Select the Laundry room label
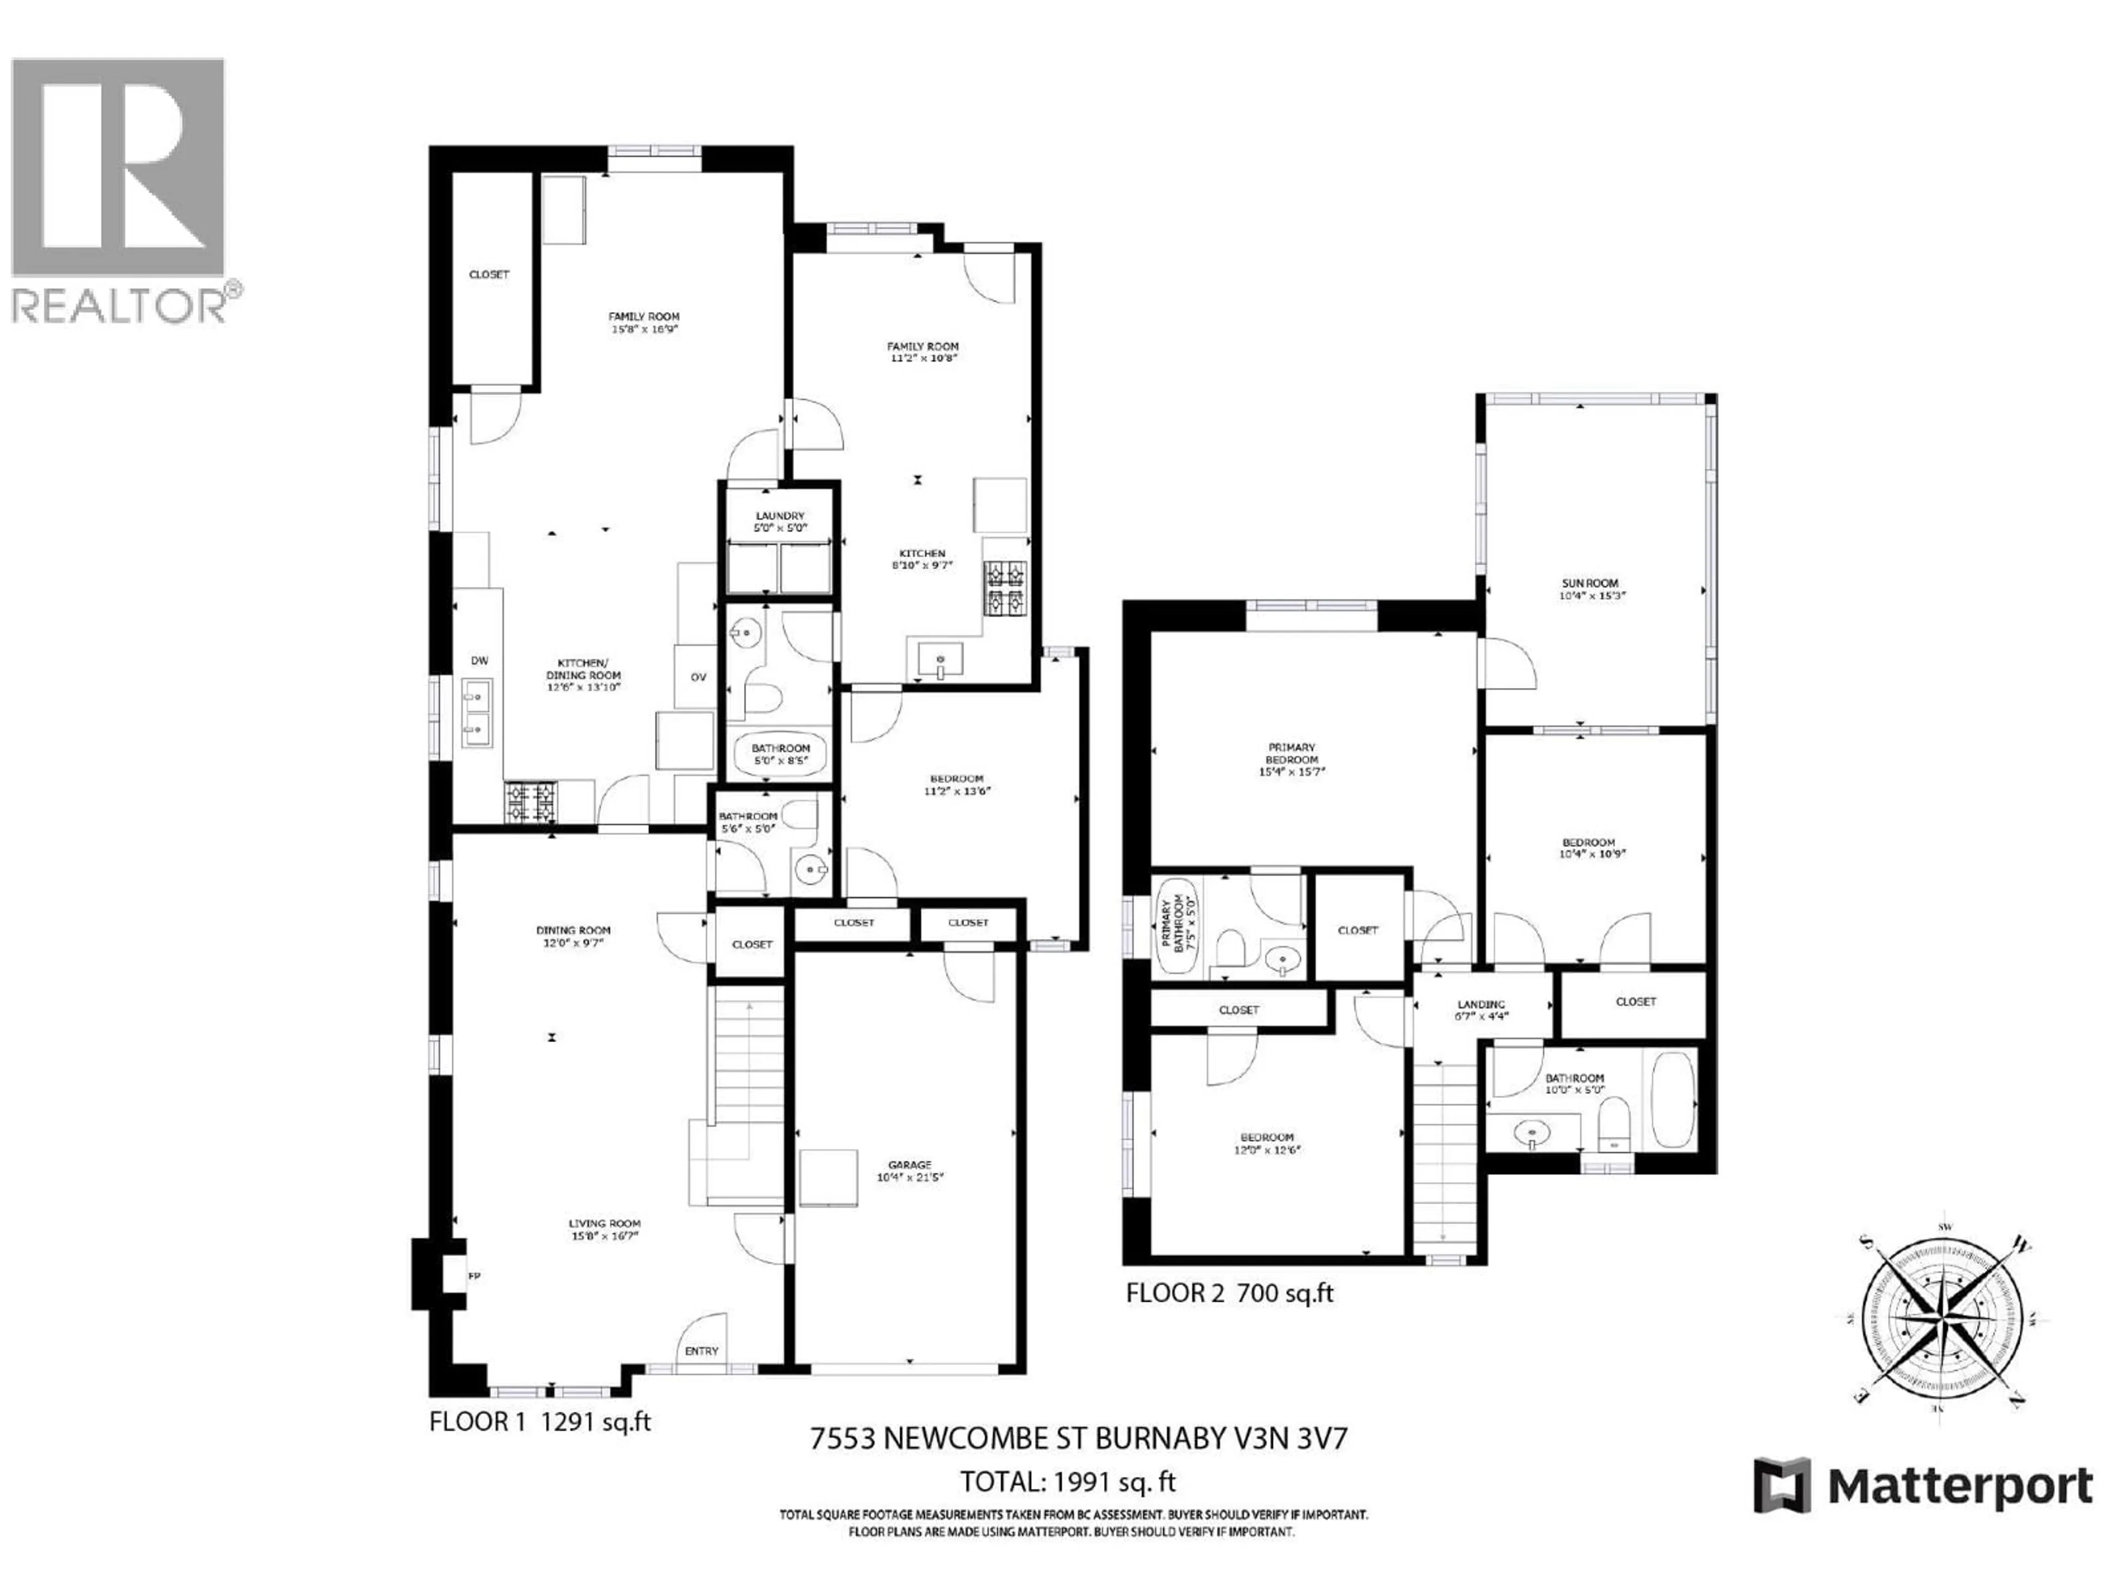[x=780, y=516]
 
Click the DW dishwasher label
[x=479, y=660]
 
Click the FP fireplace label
[x=474, y=1276]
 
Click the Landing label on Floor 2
[x=1480, y=1004]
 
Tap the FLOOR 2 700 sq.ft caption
[x=1229, y=1293]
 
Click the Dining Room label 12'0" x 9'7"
[x=574, y=936]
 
